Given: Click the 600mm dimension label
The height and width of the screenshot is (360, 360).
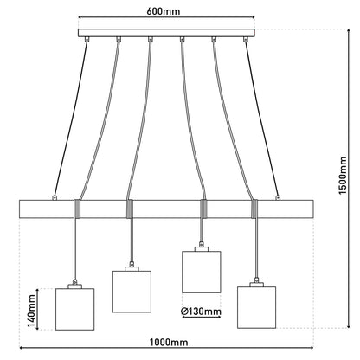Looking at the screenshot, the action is click(163, 11).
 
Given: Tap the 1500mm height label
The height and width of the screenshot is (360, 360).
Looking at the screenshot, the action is click(343, 176).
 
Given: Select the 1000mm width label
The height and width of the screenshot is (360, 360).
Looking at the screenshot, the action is click(169, 342).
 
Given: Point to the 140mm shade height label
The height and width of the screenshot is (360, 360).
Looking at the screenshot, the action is click(31, 312).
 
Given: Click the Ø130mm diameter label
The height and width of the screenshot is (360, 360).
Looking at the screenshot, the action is click(201, 312).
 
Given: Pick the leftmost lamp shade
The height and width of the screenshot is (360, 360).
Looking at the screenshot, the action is click(74, 309).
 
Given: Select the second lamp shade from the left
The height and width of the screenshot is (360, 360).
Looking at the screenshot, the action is click(132, 292).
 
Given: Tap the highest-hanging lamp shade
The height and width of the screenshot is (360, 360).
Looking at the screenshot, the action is click(202, 272).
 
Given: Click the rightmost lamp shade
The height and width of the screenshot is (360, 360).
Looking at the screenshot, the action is click(256, 307).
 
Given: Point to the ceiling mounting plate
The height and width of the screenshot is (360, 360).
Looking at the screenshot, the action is click(166, 33).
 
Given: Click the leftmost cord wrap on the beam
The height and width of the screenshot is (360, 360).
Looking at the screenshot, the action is click(77, 209).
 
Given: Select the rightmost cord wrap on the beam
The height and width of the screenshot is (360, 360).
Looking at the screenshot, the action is click(254, 209).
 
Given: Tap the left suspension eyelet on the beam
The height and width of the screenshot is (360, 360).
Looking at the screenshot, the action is click(54, 197).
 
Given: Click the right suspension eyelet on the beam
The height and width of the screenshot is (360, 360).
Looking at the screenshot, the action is click(278, 197).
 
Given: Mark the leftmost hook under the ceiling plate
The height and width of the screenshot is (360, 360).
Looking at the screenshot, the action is click(87, 39).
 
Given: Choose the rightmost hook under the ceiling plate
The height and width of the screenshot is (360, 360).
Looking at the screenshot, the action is click(246, 39).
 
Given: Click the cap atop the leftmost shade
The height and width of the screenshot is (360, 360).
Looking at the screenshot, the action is click(74, 286).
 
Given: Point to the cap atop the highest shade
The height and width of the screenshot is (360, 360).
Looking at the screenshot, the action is click(202, 249).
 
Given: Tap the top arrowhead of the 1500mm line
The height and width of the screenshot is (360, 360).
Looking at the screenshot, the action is click(349, 30).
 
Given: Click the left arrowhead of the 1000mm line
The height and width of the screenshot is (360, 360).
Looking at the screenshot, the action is click(22, 348).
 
